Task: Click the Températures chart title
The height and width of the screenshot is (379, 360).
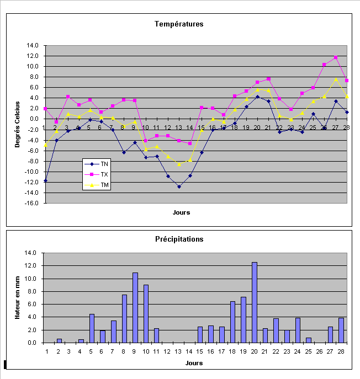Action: pyautogui.click(x=179, y=24)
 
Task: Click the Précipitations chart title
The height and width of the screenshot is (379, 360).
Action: pyautogui.click(x=179, y=239)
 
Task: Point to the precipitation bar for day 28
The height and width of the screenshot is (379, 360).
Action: pyautogui.click(x=341, y=330)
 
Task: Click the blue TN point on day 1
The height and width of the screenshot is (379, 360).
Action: pyautogui.click(x=45, y=180)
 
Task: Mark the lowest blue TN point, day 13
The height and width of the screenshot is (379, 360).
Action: pyautogui.click(x=179, y=186)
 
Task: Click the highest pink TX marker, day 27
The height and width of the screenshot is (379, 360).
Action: pyautogui.click(x=336, y=57)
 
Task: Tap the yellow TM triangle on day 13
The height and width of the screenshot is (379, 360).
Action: pyautogui.click(x=179, y=164)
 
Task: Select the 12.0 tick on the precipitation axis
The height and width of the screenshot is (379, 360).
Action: pyautogui.click(x=32, y=266)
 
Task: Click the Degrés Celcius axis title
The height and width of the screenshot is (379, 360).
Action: pyautogui.click(x=17, y=124)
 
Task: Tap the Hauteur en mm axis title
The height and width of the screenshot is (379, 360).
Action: pyautogui.click(x=17, y=298)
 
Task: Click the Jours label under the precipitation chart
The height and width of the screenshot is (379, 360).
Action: pyautogui.click(x=194, y=363)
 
